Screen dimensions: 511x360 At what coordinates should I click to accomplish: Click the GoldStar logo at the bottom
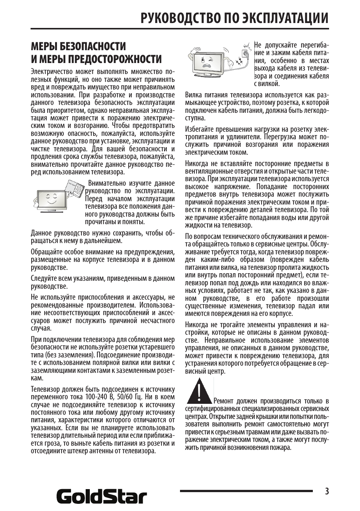point(102,496)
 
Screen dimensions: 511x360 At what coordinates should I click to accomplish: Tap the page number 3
point(326,491)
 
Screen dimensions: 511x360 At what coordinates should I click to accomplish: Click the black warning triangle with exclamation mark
point(199,391)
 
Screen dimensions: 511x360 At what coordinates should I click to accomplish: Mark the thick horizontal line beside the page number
point(246,491)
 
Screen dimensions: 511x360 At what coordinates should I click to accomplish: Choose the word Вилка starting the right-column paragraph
point(194,95)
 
